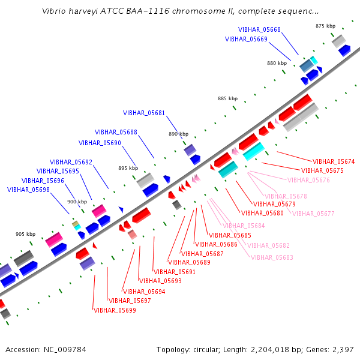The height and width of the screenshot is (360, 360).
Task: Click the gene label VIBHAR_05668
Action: [x=259, y=29]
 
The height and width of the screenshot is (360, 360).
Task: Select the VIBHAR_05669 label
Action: [x=246, y=39]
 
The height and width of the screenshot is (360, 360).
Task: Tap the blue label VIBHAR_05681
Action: [x=144, y=113]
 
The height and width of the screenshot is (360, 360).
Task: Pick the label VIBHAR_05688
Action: [x=116, y=132]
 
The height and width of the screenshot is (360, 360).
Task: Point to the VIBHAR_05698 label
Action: [x=28, y=190]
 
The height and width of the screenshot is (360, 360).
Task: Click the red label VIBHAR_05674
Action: [x=334, y=161]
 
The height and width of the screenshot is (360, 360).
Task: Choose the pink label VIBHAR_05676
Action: [x=308, y=180]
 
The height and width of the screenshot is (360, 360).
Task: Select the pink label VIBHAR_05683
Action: [x=272, y=257]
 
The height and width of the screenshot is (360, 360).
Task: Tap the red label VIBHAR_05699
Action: [x=115, y=310]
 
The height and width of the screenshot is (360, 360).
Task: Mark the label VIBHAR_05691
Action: [x=175, y=272]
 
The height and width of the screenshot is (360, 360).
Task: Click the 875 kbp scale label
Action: [x=326, y=26]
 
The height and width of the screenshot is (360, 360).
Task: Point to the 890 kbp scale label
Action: [x=179, y=134]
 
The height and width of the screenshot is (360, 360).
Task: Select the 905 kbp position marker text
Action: [x=25, y=234]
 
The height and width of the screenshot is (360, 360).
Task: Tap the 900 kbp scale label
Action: [x=77, y=202]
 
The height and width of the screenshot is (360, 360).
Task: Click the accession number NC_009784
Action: [x=65, y=350]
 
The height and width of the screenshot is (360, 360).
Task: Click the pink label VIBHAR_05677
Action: [x=313, y=214]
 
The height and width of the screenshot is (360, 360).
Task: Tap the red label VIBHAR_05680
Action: [x=262, y=213]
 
